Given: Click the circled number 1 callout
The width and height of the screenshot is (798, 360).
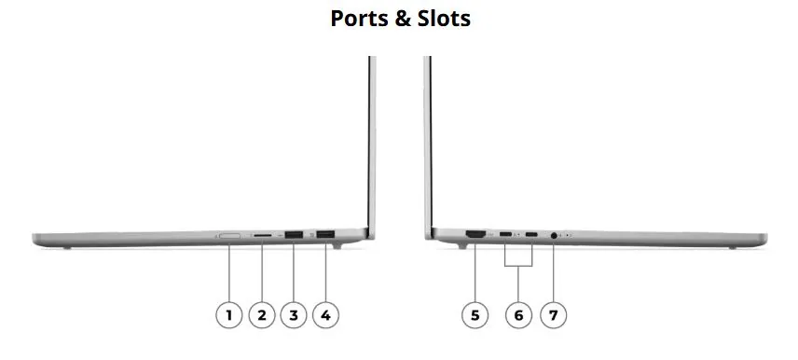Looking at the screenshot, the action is [229, 315].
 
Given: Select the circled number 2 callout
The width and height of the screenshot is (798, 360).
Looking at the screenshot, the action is [262, 315].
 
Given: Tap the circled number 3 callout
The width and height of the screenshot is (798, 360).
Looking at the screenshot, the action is [294, 315].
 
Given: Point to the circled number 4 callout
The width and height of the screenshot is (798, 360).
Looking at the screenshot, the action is [325, 315].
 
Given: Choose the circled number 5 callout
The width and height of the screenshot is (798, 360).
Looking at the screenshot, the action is [475, 315].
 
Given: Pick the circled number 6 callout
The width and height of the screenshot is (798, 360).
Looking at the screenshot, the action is [519, 315].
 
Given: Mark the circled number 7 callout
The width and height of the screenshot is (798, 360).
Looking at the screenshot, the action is [553, 315].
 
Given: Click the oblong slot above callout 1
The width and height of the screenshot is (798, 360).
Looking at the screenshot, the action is [229, 236].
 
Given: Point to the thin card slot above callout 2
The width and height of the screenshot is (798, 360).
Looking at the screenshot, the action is [263, 236].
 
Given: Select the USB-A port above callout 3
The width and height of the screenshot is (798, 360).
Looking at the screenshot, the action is [294, 235].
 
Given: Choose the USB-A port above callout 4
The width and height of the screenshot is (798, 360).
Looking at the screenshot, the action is [325, 235].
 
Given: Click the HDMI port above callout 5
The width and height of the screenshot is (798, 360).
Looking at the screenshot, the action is [475, 235].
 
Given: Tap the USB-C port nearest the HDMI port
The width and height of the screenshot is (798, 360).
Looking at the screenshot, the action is [505, 235].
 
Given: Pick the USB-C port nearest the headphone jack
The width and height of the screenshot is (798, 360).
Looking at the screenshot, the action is [531, 235].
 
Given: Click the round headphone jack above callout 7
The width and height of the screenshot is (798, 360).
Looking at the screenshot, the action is [556, 236].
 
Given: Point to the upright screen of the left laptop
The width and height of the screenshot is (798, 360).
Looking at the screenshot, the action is [372, 140].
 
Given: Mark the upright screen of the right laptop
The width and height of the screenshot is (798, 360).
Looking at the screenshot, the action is [428, 140].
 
